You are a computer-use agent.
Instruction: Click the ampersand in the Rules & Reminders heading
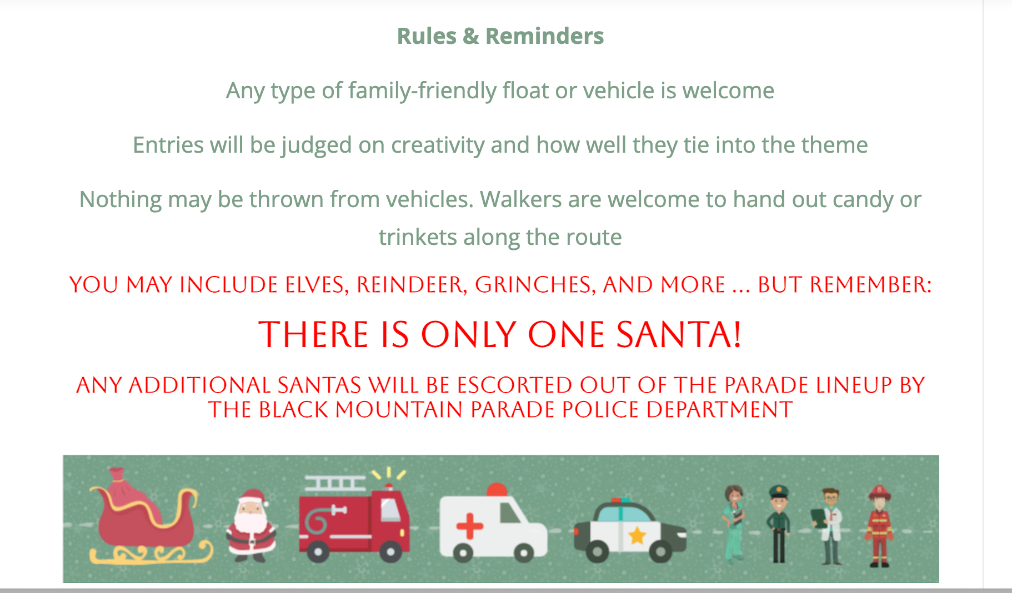pyautogui.click(x=470, y=36)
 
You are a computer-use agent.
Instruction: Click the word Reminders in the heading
pyautogui.click(x=544, y=36)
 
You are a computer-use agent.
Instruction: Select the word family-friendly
pyautogui.click(x=422, y=91)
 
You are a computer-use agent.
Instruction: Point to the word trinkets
pyautogui.click(x=418, y=237)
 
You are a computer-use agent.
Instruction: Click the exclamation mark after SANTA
pyautogui.click(x=737, y=334)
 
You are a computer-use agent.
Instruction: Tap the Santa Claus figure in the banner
pyautogui.click(x=251, y=525)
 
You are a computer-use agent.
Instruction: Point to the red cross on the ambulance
pyautogui.click(x=470, y=526)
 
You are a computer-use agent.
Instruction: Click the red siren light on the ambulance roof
pyautogui.click(x=497, y=490)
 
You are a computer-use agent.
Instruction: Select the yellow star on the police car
pyautogui.click(x=637, y=536)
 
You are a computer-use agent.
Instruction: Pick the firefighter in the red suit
pyautogui.click(x=879, y=526)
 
